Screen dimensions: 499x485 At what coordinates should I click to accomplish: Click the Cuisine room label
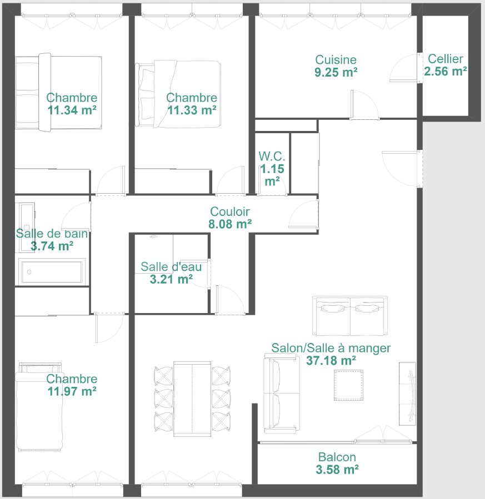[x=336, y=59]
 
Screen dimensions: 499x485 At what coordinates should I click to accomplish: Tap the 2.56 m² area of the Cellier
[x=445, y=71]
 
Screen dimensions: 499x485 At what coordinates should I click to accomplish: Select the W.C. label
[x=272, y=156]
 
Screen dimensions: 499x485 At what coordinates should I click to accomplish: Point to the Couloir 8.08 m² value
[x=231, y=224]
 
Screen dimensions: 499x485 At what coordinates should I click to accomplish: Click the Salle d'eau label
[x=171, y=267]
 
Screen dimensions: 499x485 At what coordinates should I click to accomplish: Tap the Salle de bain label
[x=52, y=233]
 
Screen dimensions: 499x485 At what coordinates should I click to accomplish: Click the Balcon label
[x=337, y=457]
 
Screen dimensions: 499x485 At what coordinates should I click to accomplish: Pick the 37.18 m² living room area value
[x=331, y=360]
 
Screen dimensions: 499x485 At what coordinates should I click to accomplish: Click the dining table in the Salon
[x=192, y=398]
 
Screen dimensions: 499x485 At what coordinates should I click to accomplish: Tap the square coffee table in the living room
[x=349, y=385]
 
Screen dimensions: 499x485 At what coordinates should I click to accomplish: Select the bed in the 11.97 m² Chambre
[x=39, y=408]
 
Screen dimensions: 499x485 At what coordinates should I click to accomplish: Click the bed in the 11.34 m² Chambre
[x=58, y=93]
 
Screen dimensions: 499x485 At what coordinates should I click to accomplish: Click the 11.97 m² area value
[x=72, y=391]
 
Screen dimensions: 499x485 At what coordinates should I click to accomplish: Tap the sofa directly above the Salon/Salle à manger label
[x=350, y=316]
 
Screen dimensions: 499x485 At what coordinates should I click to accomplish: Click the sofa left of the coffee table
[x=281, y=394]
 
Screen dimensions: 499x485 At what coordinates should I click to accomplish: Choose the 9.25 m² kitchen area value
[x=336, y=72]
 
